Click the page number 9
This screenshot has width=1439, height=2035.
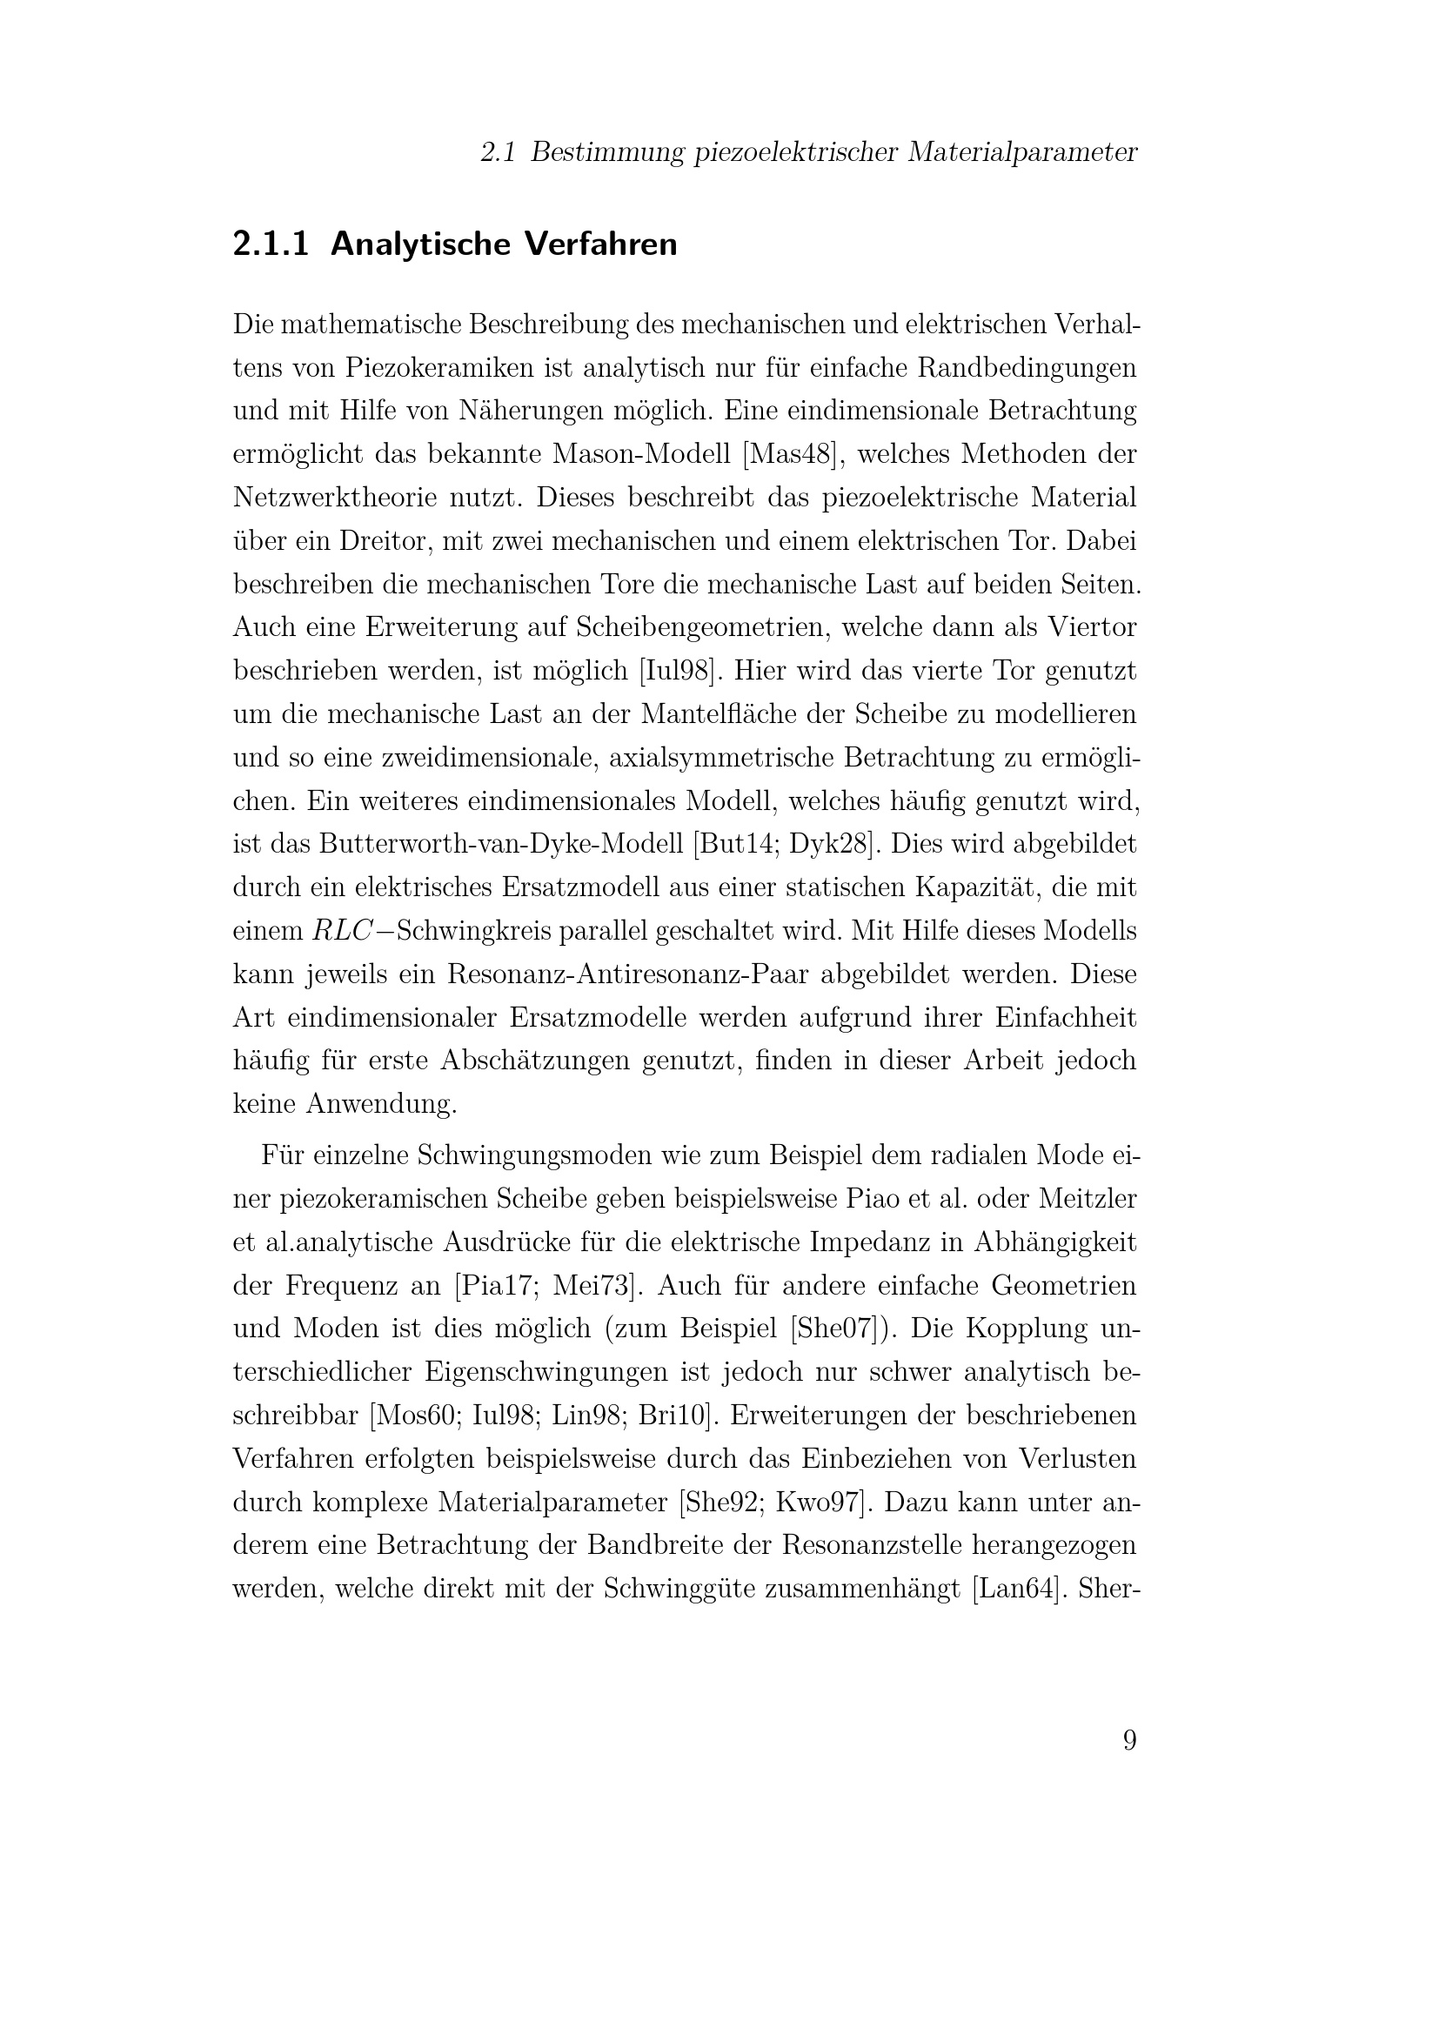pos(1129,1740)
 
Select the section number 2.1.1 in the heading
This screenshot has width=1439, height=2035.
pos(271,244)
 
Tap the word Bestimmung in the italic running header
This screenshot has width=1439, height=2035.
pos(607,152)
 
